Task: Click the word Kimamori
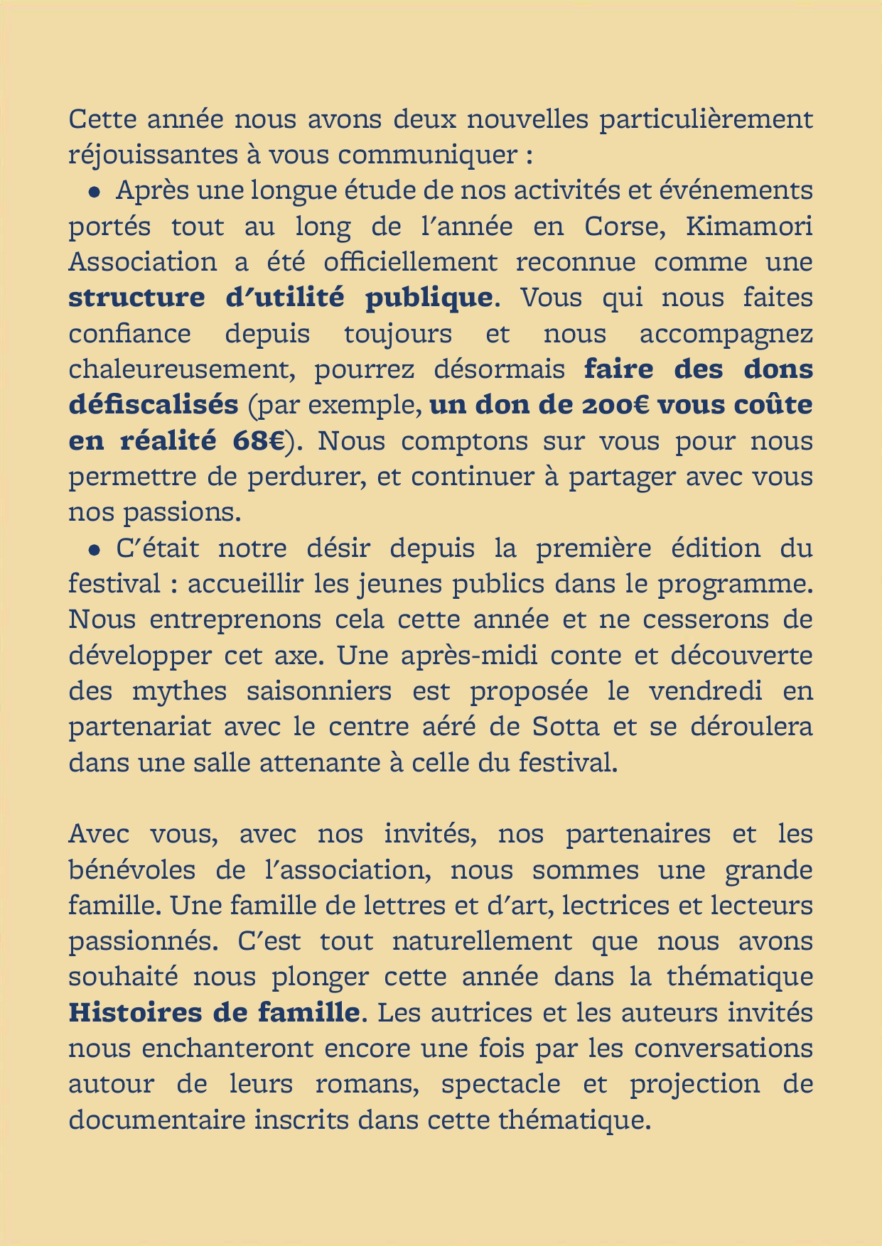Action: pos(749,227)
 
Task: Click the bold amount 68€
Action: pos(259,441)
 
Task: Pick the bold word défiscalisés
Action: pos(154,405)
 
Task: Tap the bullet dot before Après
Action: pos(93,192)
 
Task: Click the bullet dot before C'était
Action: pos(93,550)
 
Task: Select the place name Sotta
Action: pos(565,727)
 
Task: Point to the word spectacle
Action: pos(500,1085)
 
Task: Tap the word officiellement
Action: pos(410,262)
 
